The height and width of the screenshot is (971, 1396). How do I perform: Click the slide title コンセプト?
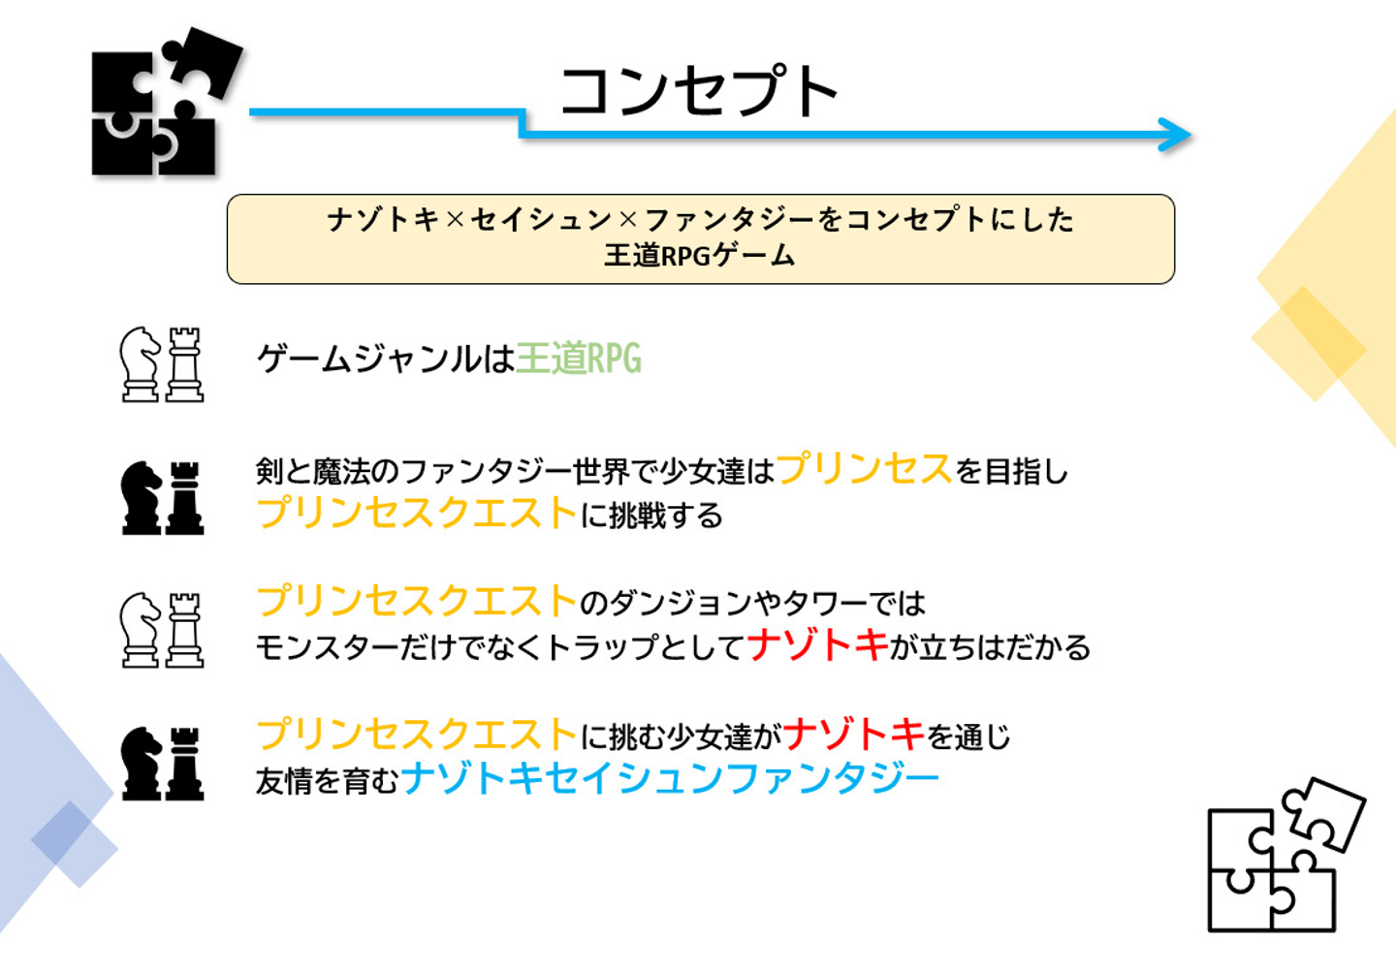point(698,91)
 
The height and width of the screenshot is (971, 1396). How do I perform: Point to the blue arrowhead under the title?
point(1177,135)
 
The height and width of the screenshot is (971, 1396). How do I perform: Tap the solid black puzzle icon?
point(161,103)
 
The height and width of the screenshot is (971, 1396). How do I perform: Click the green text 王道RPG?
point(579,359)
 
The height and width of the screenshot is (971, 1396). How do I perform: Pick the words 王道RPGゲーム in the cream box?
point(699,256)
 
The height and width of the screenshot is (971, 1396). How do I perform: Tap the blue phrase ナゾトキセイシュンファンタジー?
point(670,778)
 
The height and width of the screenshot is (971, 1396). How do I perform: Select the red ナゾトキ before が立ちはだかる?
point(818,644)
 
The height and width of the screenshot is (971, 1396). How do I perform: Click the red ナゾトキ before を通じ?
point(854,735)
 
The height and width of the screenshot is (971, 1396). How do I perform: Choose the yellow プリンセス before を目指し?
point(865,469)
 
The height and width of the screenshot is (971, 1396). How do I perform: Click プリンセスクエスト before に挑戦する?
point(417,513)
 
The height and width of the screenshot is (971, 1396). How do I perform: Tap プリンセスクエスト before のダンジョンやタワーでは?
point(417,601)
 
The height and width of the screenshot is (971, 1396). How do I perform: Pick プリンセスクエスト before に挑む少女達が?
point(417,735)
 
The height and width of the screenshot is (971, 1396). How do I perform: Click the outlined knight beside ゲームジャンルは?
point(141,363)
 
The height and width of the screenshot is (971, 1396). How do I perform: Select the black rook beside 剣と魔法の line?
point(184,498)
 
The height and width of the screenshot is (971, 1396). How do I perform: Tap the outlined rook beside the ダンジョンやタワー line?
point(184,630)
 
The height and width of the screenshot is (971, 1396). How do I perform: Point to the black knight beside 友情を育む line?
point(142,764)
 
